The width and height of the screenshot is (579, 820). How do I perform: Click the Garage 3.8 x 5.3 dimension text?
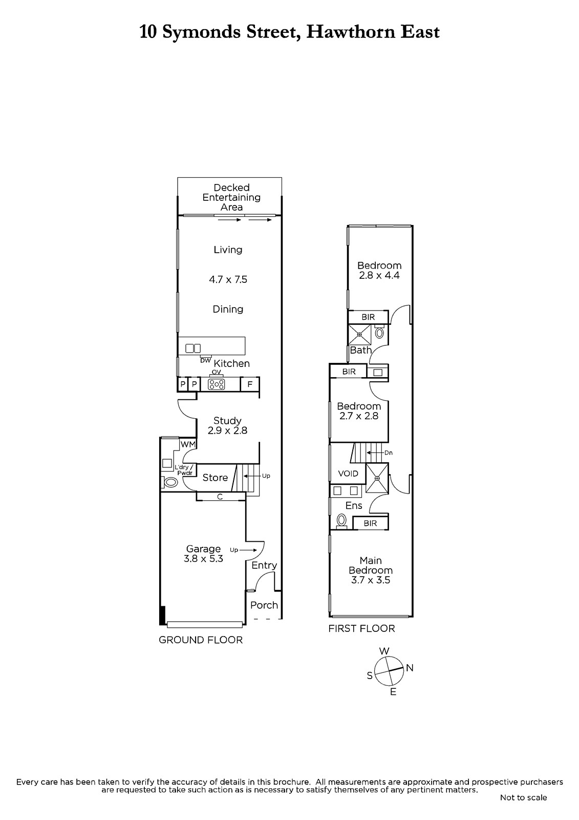[x=203, y=559]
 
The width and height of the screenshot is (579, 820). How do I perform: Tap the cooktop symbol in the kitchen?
[x=217, y=384]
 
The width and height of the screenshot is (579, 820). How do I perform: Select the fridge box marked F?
[x=250, y=384]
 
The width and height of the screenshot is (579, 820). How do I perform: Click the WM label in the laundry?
[x=188, y=444]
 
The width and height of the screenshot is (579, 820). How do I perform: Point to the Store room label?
[x=215, y=477]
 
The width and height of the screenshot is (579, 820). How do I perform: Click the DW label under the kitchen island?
[x=206, y=361]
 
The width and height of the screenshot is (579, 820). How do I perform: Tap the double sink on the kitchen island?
[x=193, y=348]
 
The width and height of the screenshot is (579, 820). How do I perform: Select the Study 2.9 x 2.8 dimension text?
[x=227, y=430]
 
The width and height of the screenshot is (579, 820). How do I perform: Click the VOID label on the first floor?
[x=348, y=474]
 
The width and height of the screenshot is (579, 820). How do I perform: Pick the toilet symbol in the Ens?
[x=341, y=520]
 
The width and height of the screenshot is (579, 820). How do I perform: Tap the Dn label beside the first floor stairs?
[x=389, y=453]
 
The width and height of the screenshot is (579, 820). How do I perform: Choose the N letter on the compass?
[x=410, y=668]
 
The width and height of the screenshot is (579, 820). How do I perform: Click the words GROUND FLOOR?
[x=201, y=640]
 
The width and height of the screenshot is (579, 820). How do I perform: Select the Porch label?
[x=264, y=605]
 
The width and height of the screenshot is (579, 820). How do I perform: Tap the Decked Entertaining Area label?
[x=231, y=197]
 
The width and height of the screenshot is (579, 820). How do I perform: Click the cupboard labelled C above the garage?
[x=220, y=497]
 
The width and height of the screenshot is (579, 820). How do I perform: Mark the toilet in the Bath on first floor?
[x=380, y=333]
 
